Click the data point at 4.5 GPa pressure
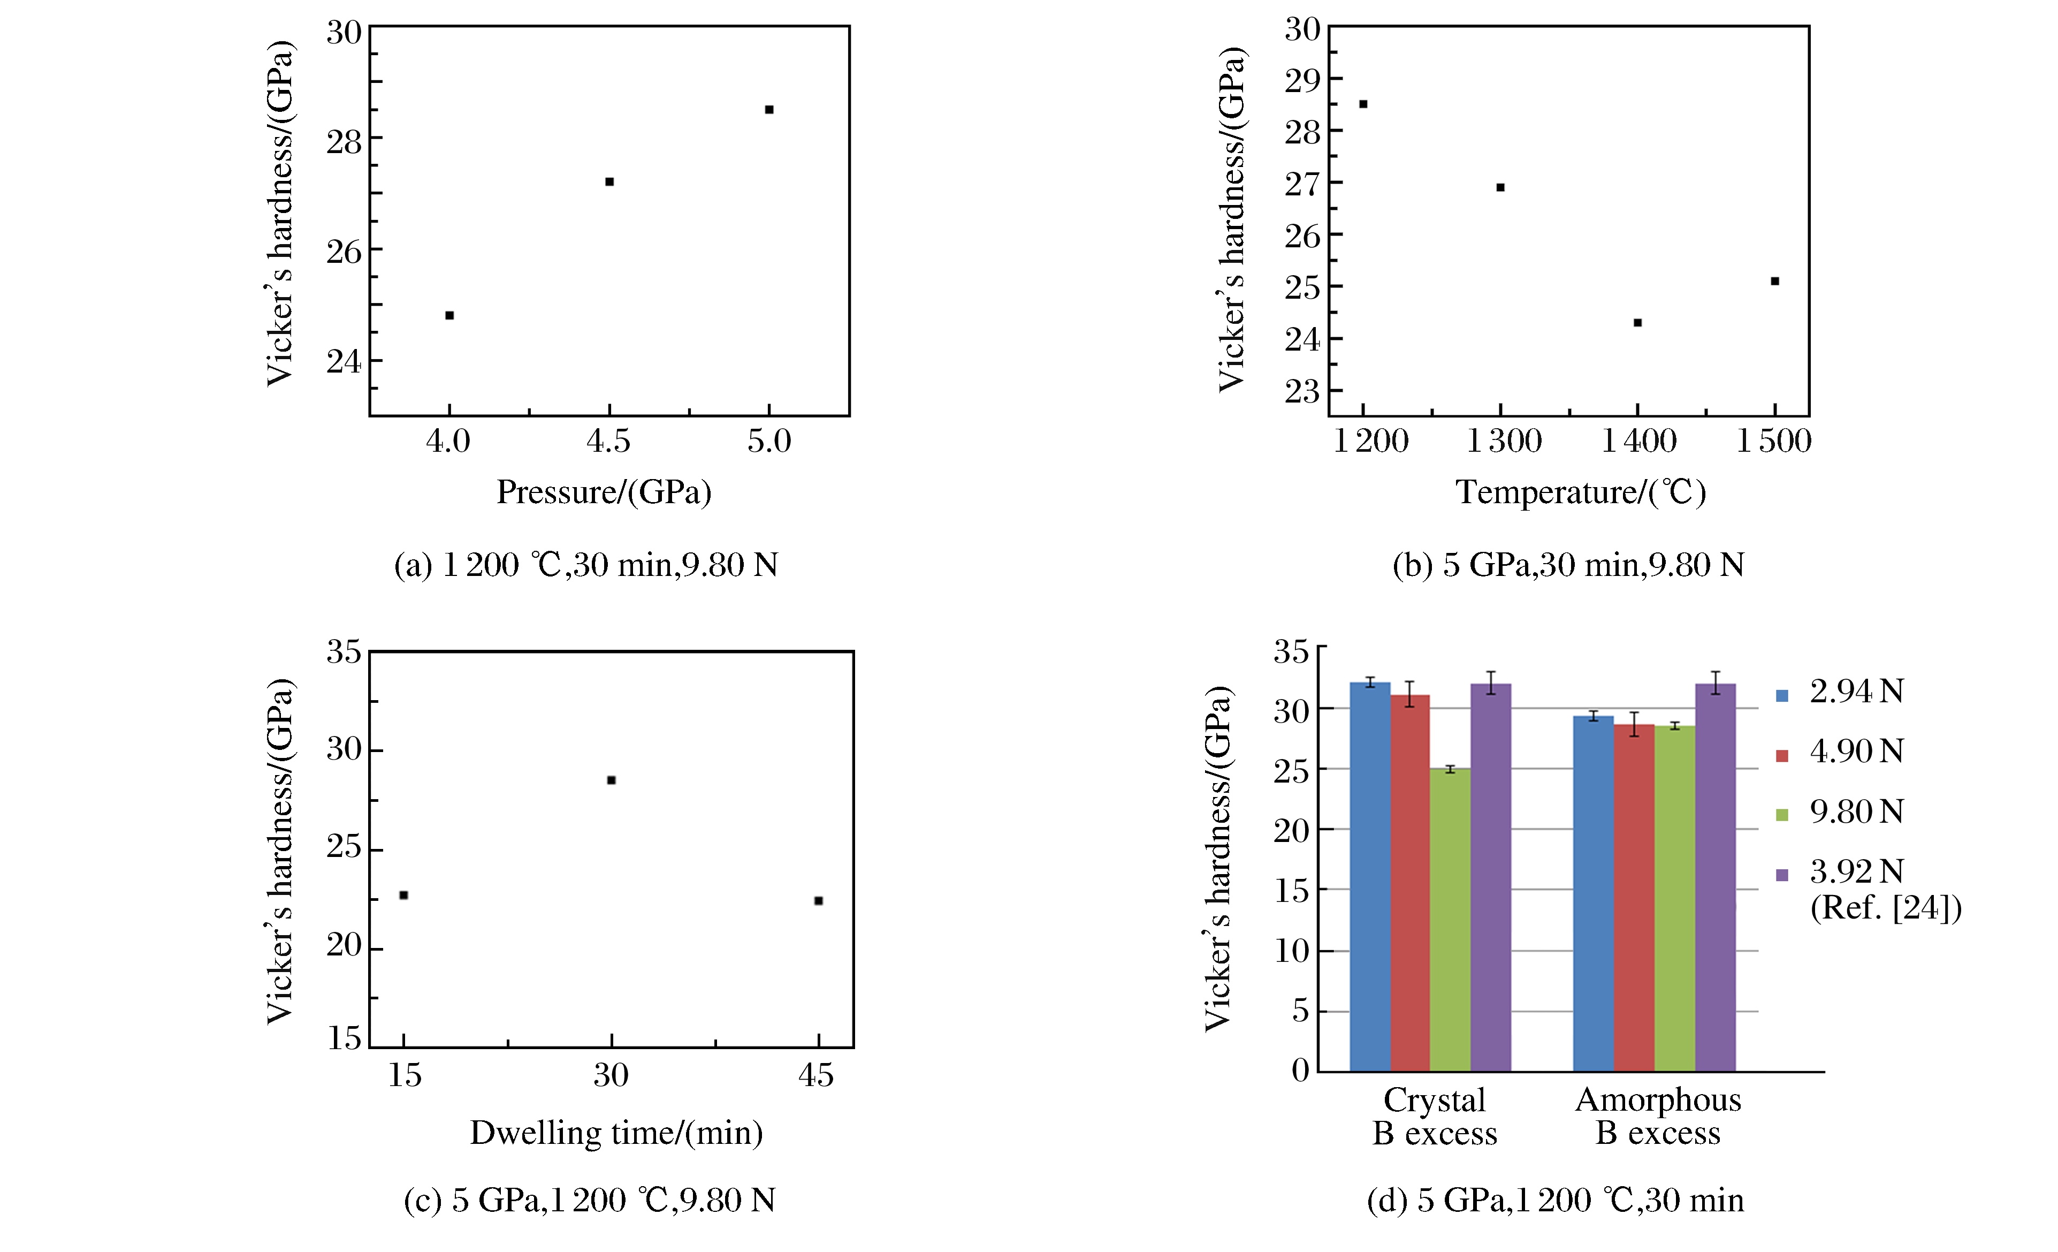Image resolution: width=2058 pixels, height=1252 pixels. (x=609, y=182)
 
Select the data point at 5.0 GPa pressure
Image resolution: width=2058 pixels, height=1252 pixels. (x=769, y=109)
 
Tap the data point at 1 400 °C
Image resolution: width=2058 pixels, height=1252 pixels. (x=1638, y=322)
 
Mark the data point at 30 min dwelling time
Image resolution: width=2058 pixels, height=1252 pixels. (x=612, y=780)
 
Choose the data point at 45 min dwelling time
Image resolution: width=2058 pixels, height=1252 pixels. (x=819, y=900)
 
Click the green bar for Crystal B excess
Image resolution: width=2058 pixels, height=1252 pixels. (x=1450, y=919)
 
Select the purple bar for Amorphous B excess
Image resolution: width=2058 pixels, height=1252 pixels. (x=1716, y=877)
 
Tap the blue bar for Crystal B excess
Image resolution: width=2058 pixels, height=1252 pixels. (x=1370, y=877)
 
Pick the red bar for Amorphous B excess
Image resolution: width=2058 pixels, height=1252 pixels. (x=1634, y=898)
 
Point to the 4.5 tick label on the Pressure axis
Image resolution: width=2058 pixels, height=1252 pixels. (x=608, y=441)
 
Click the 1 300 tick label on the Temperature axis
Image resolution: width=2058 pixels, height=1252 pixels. (x=1504, y=441)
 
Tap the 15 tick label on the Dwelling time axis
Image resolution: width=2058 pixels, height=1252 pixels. (x=404, y=1075)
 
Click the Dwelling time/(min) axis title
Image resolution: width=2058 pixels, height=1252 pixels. (x=616, y=1133)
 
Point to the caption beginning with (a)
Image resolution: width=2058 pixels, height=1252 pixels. (x=586, y=565)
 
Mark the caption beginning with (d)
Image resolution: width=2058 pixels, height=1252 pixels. (x=1555, y=1200)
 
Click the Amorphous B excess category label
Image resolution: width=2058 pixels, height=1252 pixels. (x=1658, y=1117)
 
